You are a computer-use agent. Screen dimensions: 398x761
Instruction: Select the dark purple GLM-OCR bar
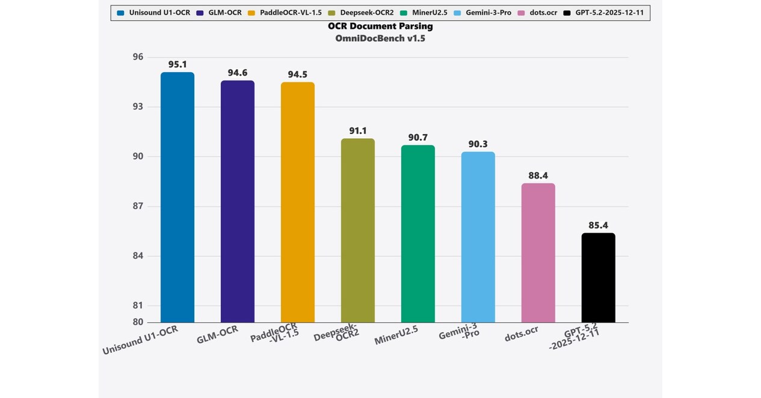click(238, 201)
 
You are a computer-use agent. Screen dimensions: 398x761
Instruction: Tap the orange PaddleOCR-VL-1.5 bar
click(298, 202)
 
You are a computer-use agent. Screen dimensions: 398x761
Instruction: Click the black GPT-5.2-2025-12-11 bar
click(599, 278)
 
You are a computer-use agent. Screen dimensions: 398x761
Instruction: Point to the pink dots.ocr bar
click(538, 253)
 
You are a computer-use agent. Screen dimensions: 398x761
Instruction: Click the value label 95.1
click(177, 64)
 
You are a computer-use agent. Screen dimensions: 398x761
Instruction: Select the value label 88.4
click(538, 176)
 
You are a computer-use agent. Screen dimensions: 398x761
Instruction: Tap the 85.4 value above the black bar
click(599, 225)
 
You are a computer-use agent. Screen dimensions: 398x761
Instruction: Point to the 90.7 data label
click(418, 138)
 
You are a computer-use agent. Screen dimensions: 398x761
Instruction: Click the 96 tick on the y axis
click(138, 57)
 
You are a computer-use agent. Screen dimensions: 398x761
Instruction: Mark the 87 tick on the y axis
click(138, 206)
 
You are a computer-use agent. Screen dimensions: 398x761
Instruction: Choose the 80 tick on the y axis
click(138, 322)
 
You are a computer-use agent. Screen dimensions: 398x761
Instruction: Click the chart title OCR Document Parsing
click(380, 26)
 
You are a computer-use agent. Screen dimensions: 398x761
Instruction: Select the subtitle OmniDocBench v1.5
click(380, 38)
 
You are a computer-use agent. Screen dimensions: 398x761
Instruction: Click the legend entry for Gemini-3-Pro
click(487, 13)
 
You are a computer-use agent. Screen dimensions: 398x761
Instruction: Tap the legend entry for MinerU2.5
click(429, 13)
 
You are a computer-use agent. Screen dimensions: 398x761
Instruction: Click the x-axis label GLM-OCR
click(218, 335)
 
